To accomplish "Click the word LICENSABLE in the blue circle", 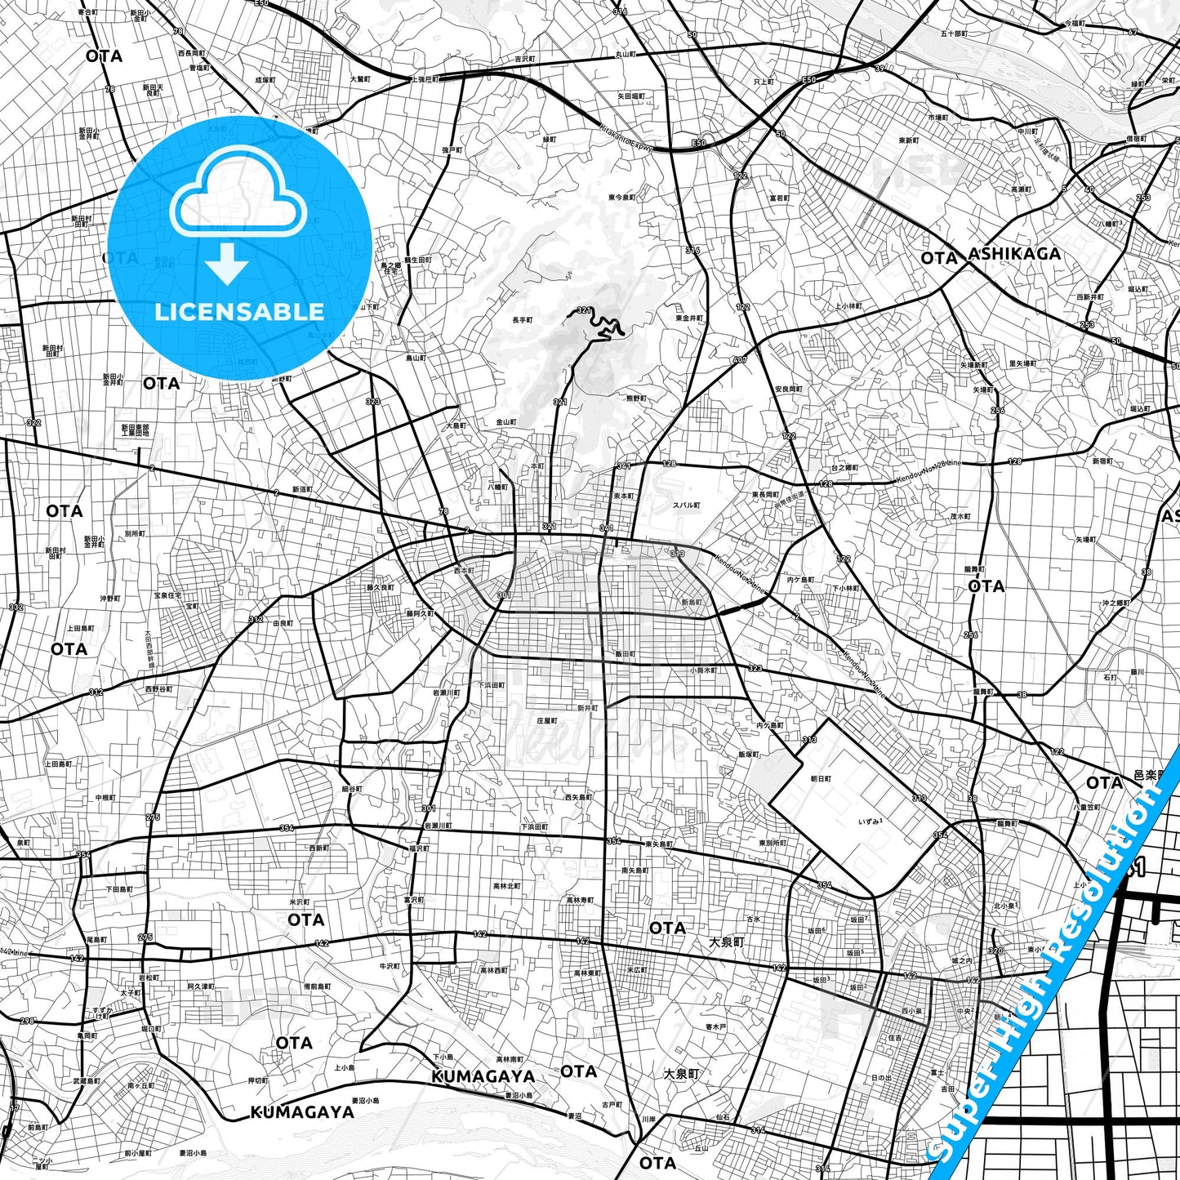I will pyautogui.click(x=239, y=312).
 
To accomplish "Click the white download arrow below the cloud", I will pyautogui.click(x=227, y=263).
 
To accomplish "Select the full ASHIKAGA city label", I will pyautogui.click(x=1014, y=254).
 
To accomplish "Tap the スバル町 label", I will pyautogui.click(x=686, y=505).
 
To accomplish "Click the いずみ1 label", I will pyautogui.click(x=871, y=822).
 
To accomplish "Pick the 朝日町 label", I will pyautogui.click(x=820, y=779).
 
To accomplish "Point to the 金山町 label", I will pyautogui.click(x=506, y=422).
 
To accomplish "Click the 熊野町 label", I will pyautogui.click(x=636, y=399).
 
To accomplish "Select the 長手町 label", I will pyautogui.click(x=522, y=320).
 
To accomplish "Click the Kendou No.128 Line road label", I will pyautogui.click(x=928, y=472).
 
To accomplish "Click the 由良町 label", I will pyautogui.click(x=283, y=623).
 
